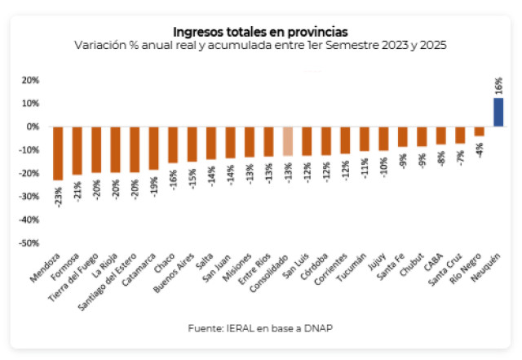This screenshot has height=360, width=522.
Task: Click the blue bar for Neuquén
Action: pos(498,112)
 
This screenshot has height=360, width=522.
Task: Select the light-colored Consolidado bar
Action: pos(288,141)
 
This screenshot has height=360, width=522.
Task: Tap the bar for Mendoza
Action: pos(58,153)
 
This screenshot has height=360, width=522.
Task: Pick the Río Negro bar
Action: pos(480,131)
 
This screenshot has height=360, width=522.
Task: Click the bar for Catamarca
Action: pos(153,148)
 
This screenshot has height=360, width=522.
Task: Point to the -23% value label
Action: pos(58,196)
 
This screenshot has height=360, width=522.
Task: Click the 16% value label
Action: pos(498,85)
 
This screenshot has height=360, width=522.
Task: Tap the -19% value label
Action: pos(153,184)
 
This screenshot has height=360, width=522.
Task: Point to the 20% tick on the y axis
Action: pos(30,80)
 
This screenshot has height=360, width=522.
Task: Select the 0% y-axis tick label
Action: pos(33,127)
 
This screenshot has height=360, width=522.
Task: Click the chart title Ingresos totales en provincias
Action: pos(260,30)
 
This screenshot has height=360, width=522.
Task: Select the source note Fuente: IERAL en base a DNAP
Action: pos(260,329)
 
